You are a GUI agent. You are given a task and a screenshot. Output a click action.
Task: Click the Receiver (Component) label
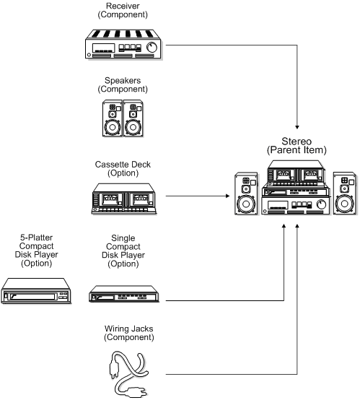click(123, 11)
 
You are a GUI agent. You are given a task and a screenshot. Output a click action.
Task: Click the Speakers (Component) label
click(122, 84)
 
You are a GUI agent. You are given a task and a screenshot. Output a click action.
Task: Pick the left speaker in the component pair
click(112, 118)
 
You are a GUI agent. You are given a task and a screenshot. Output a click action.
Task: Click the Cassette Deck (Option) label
click(122, 169)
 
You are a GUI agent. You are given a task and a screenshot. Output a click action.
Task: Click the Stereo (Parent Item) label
click(297, 144)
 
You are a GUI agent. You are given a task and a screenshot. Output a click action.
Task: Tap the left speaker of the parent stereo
click(246, 196)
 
